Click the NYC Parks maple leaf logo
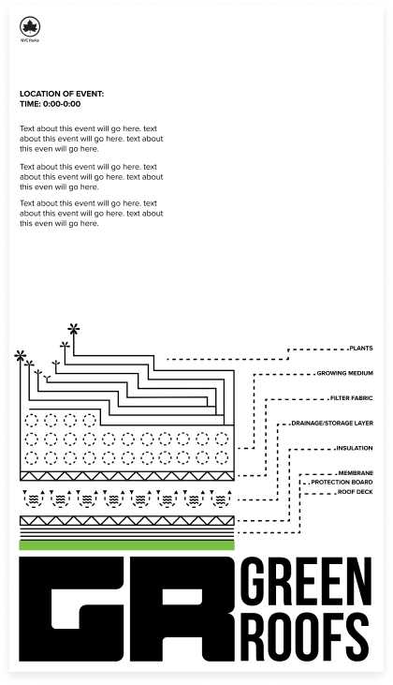pos(30,26)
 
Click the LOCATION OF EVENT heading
pos(62,94)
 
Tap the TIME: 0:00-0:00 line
pos(51,104)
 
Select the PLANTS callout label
pos(361,349)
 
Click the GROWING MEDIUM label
pos(345,373)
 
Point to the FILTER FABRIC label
pos(352,398)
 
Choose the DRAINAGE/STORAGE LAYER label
pos(332,423)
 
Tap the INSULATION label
pos(355,448)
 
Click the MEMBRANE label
pos(356,473)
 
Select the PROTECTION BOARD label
pos(342,483)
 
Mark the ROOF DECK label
pos(356,492)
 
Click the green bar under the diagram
pos(127,544)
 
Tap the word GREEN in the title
pos(307,581)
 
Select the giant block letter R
pos(182,608)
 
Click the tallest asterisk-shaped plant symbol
pos(74,329)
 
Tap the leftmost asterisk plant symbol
pos(20,355)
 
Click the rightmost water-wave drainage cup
pos(221,498)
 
